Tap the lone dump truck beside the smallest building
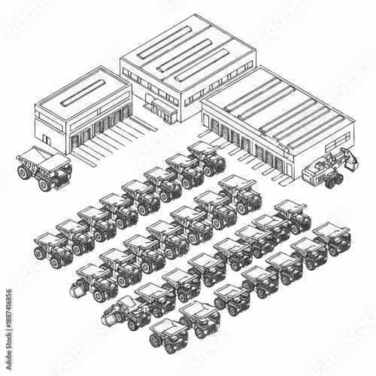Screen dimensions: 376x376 click(x=45, y=167)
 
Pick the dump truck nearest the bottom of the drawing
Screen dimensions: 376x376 click(x=168, y=335)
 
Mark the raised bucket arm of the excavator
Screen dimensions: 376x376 click(x=347, y=158)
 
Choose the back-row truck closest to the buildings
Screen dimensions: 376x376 click(x=207, y=156)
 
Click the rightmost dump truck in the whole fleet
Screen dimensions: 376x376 click(x=332, y=238)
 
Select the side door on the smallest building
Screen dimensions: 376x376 click(x=46, y=139)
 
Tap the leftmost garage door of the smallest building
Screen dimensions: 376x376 click(x=84, y=137)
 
